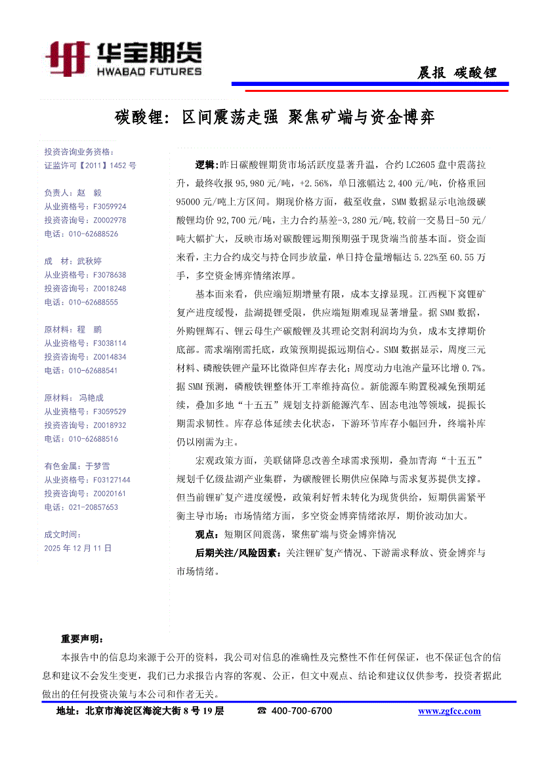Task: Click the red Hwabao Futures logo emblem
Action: [x=68, y=59]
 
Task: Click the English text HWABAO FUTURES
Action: [x=149, y=70]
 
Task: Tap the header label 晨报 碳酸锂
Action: [x=457, y=73]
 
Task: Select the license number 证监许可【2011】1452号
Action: [x=90, y=166]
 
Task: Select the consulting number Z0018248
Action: [x=110, y=288]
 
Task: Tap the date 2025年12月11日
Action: [x=78, y=547]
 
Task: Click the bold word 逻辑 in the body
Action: [x=205, y=164]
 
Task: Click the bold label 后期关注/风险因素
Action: [x=238, y=553]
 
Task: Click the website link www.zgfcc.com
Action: [x=449, y=711]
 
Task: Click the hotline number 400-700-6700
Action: [x=301, y=711]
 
